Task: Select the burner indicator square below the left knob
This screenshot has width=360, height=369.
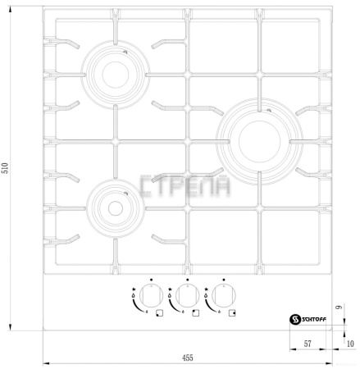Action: click(x=158, y=312)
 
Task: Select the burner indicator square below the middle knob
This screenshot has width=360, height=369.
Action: click(x=194, y=312)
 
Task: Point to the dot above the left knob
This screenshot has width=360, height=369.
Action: click(x=152, y=279)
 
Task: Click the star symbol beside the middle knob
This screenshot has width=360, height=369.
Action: click(x=171, y=289)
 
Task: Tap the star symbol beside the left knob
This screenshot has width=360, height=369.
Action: click(x=134, y=289)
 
